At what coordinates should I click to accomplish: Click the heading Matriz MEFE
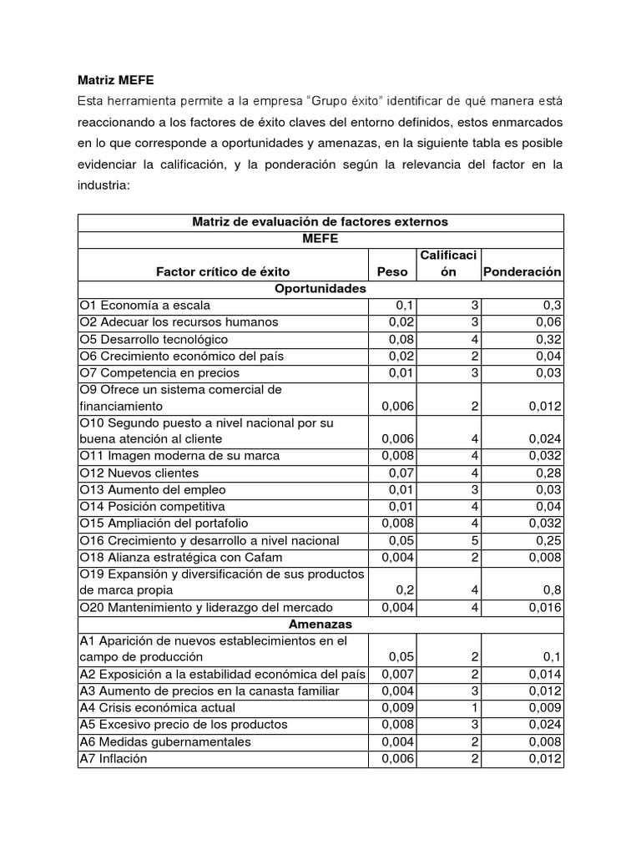pyautogui.click(x=116, y=80)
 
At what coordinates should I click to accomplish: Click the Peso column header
pyautogui.click(x=392, y=272)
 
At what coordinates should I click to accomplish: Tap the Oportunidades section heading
pyautogui.click(x=320, y=289)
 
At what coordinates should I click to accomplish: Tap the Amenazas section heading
pyautogui.click(x=320, y=624)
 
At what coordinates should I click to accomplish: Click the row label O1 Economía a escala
pyautogui.click(x=145, y=306)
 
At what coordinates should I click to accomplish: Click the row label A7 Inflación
pyautogui.click(x=113, y=758)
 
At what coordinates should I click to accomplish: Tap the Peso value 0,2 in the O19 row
pyautogui.click(x=398, y=590)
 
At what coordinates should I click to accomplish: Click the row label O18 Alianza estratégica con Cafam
pyautogui.click(x=181, y=557)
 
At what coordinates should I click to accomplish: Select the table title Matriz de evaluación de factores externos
pyautogui.click(x=320, y=222)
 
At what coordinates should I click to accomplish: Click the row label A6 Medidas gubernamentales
pyautogui.click(x=165, y=741)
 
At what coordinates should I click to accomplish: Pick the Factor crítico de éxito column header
pyautogui.click(x=223, y=272)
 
